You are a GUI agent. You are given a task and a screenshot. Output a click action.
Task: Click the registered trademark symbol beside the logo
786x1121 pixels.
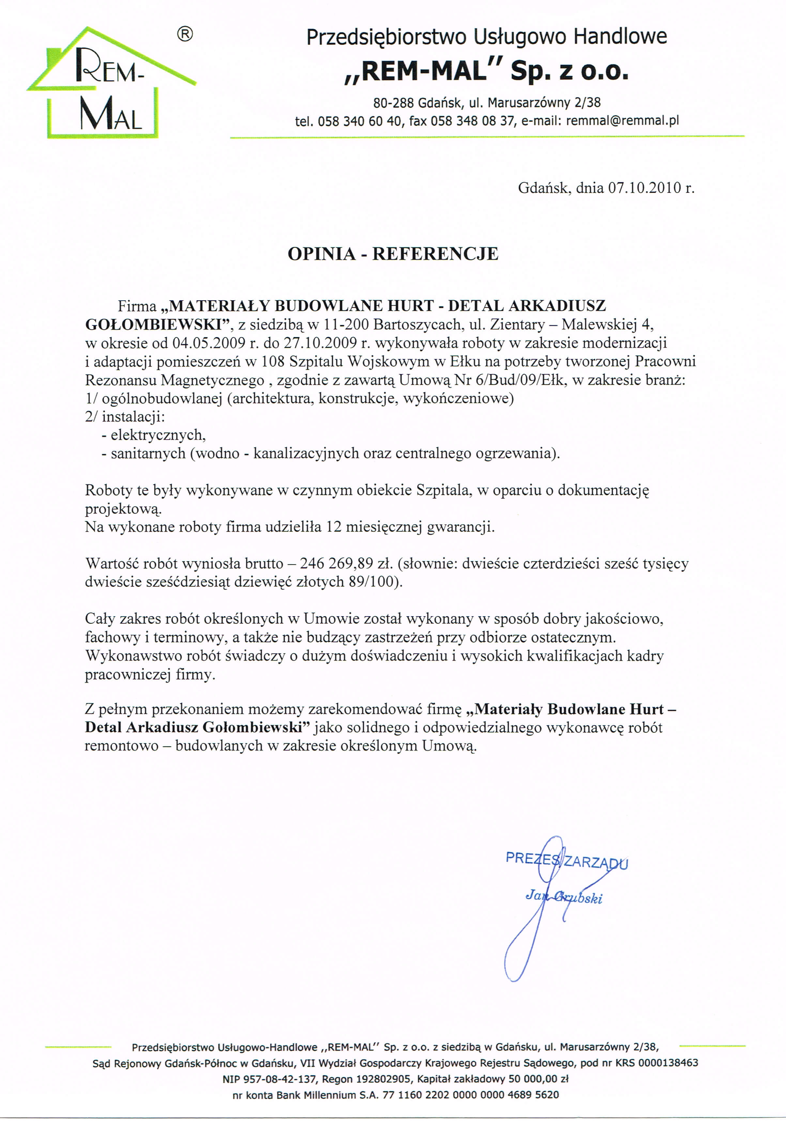coord(185,34)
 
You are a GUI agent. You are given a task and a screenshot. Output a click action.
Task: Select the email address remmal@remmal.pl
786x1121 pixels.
coord(623,121)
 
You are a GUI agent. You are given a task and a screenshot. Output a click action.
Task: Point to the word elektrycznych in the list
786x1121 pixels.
coord(158,435)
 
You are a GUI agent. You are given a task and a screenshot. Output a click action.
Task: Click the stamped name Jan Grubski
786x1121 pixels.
coord(563,896)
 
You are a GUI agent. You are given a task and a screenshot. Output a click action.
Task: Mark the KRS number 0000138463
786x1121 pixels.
coord(668,1062)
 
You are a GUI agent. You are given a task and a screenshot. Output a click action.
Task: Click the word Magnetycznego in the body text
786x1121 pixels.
coord(212,380)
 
